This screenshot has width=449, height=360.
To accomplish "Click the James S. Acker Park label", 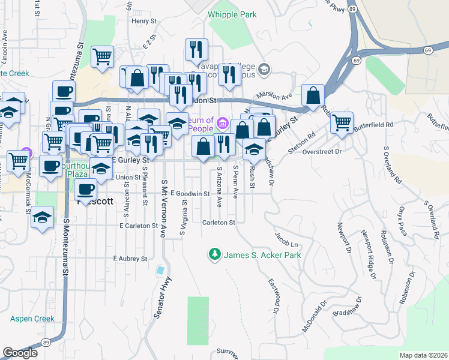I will coord(262,255).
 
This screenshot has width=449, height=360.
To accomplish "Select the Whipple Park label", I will coord(232,14).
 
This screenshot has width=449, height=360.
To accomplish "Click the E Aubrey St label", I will coord(130,259).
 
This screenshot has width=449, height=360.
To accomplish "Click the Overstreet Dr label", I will coord(322,152).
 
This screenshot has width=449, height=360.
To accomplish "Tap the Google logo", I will coord(20,353).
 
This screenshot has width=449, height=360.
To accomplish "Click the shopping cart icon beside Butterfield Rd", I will coord(342,122).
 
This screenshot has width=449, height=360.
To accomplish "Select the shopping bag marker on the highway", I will coord(313,95).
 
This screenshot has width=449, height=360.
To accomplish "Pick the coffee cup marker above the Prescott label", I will coord(86,190).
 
